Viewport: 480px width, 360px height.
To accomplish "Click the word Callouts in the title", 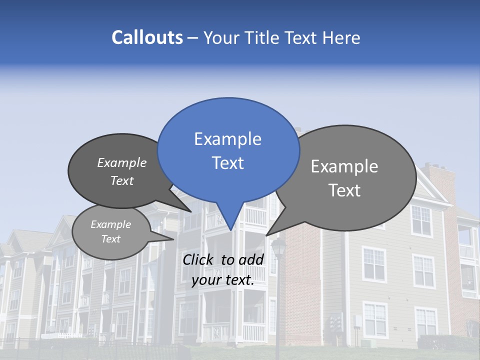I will point(147,38).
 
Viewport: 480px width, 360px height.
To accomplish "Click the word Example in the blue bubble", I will point(227,139).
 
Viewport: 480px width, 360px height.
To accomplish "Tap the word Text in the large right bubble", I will point(345,190).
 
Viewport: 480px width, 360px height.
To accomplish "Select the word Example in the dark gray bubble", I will point(121,163).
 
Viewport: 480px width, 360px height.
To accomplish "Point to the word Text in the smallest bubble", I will point(110,239).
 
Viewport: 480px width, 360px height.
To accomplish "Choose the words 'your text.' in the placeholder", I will point(223,280).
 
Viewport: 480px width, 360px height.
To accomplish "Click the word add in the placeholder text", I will point(251,259).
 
